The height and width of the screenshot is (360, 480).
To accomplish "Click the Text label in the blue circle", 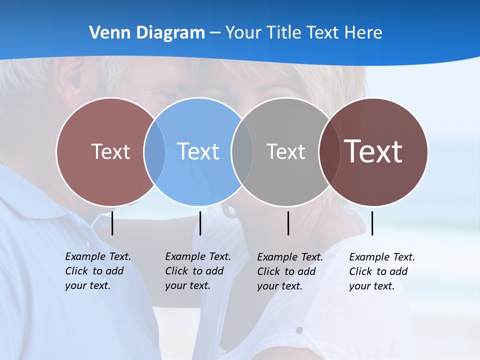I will click(198, 151).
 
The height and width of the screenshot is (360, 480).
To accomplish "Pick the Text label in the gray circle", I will click(285, 151).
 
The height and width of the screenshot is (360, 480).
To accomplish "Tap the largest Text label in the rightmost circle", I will click(373, 151).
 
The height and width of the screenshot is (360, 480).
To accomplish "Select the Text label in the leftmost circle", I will click(110, 151).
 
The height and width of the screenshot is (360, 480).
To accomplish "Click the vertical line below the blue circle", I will click(200, 223).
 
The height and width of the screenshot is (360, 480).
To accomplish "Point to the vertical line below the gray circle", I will click(288, 223).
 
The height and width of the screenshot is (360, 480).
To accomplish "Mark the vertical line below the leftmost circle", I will click(112, 223).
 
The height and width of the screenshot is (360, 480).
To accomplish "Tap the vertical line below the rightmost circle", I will click(372, 223).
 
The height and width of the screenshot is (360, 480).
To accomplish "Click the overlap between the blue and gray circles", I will click(242, 151).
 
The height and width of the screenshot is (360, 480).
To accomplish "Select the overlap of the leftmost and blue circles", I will click(154, 151).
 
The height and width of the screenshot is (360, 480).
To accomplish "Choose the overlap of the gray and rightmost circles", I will click(329, 151).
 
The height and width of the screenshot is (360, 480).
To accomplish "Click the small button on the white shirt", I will click(299, 330).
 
